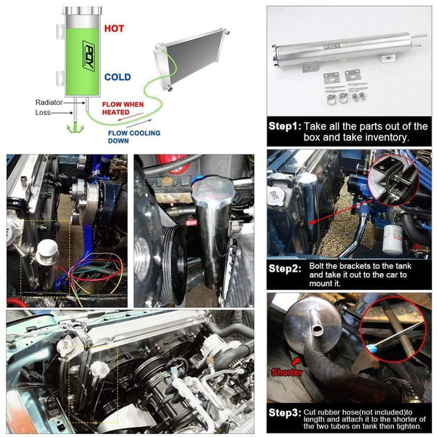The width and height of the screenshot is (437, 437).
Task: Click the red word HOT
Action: pos(114,29)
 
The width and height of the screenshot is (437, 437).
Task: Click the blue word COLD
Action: pos(117,76)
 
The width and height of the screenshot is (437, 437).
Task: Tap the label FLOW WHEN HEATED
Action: pos(123,109)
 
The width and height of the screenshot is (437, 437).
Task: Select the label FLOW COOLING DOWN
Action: pos(130,137)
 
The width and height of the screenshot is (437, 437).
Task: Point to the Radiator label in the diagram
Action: pos(50,103)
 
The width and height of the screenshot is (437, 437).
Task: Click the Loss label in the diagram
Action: pos(44,113)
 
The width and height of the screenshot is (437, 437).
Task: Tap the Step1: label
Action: pos(284,126)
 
